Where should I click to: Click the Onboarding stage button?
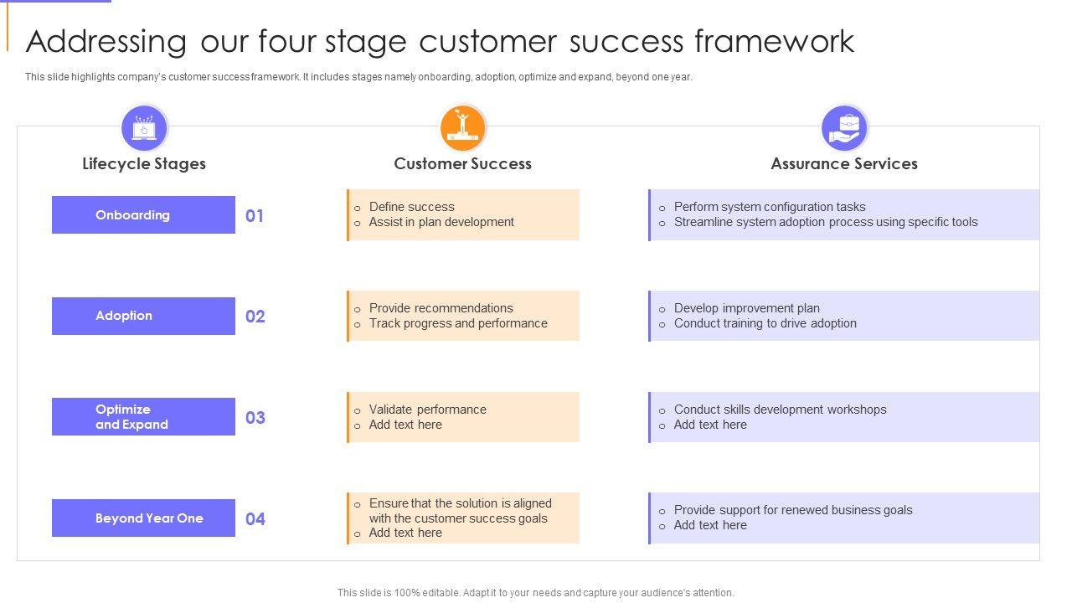click(143, 215)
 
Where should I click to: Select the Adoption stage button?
click(143, 316)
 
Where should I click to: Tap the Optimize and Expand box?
click(143, 417)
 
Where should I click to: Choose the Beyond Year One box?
click(143, 518)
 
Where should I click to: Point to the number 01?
click(255, 216)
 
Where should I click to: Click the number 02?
click(255, 317)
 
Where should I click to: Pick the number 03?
click(255, 418)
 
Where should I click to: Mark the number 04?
click(255, 519)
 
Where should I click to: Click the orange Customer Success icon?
click(462, 128)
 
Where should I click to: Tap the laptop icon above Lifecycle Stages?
click(144, 128)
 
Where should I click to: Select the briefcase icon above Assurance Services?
click(844, 128)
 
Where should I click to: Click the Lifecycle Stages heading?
click(144, 164)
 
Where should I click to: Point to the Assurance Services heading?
click(844, 164)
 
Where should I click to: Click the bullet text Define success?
click(411, 207)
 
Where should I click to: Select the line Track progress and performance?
click(458, 323)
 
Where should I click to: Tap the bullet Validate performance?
click(427, 410)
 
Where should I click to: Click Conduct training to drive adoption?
click(765, 323)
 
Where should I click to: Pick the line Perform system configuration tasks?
click(770, 207)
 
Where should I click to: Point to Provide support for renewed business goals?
click(793, 510)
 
